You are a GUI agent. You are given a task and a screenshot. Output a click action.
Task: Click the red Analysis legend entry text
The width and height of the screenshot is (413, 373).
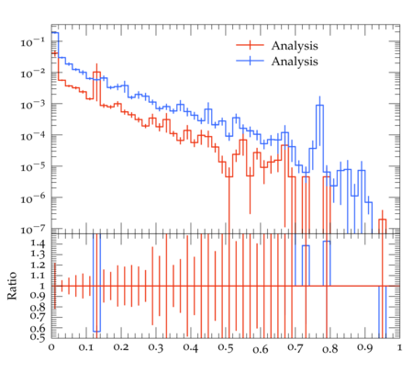click(295, 46)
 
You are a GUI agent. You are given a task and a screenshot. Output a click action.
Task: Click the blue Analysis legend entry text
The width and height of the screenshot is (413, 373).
click(295, 62)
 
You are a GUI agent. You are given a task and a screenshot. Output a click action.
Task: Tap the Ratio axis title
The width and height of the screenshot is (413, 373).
click(12, 286)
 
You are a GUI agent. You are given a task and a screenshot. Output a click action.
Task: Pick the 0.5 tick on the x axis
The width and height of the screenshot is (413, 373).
click(226, 348)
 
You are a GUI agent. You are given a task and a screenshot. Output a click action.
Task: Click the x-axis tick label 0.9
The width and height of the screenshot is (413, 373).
click(365, 348)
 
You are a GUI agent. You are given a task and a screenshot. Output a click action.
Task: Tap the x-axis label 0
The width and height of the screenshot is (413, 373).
click(51, 347)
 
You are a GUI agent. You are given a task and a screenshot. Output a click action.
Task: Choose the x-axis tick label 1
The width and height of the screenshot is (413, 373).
click(399, 347)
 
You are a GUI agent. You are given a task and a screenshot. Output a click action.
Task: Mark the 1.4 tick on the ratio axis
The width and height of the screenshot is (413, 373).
click(38, 243)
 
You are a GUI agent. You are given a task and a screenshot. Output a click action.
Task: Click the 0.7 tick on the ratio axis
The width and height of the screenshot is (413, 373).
click(38, 316)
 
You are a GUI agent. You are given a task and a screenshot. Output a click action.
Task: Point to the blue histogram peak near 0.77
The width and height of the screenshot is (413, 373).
click(319, 105)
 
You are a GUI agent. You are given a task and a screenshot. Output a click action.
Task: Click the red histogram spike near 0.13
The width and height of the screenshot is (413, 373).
click(96, 72)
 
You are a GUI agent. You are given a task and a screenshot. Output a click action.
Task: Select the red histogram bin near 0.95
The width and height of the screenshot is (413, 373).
click(382, 220)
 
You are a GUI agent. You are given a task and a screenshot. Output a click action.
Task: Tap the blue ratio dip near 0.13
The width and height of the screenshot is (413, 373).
click(96, 332)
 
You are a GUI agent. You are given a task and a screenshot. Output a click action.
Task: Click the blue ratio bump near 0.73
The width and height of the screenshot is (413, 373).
click(306, 245)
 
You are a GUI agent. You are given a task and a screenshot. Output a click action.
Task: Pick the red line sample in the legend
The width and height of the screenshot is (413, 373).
click(250, 45)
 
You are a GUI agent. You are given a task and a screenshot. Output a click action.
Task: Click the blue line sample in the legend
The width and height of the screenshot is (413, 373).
click(250, 61)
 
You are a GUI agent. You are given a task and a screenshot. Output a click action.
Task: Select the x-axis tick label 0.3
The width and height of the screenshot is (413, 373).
click(156, 348)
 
